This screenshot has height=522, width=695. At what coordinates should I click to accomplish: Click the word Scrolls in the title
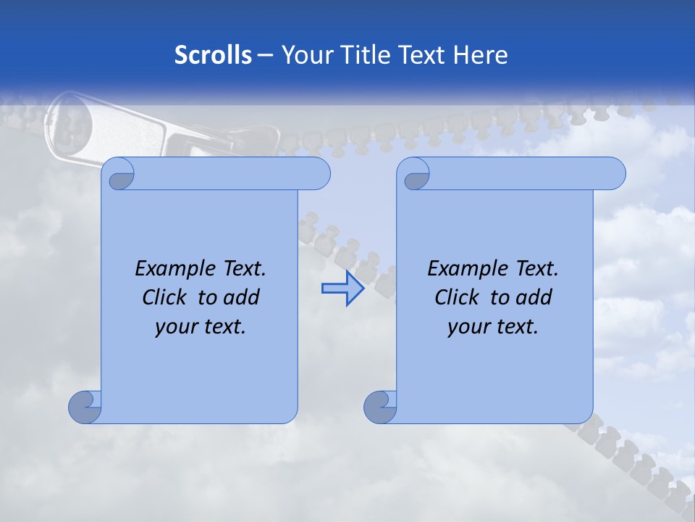click(214, 55)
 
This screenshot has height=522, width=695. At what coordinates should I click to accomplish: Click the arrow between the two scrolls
click(342, 289)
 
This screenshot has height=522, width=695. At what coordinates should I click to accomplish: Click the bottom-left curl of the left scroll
click(85, 407)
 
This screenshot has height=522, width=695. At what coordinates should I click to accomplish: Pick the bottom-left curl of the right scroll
click(380, 407)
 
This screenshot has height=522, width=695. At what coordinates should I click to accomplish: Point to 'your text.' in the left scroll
click(201, 327)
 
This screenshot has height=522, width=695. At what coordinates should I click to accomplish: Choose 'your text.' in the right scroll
click(493, 327)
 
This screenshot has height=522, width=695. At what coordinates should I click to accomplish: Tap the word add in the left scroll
click(243, 297)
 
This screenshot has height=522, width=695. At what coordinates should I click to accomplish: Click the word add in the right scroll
click(535, 297)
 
